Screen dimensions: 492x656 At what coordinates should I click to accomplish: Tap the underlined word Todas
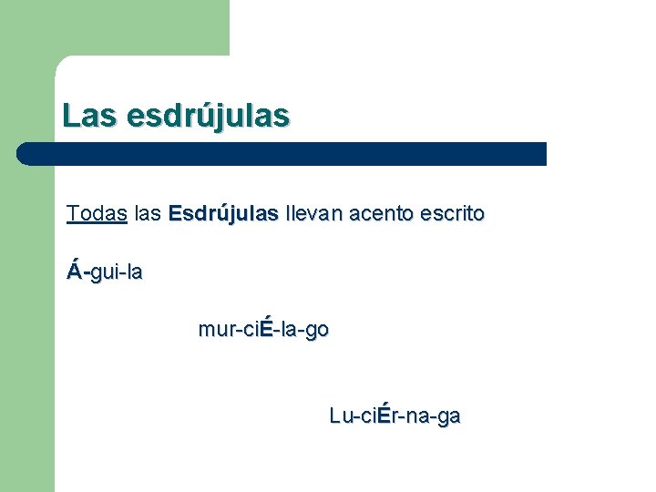97,214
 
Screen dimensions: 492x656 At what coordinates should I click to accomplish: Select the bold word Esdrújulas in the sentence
223,214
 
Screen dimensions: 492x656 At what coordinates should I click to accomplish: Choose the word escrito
452,214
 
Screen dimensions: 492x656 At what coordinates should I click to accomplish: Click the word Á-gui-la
105,272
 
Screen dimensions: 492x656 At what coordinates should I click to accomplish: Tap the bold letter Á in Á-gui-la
75,271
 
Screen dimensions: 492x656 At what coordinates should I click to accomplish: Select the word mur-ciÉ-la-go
263,330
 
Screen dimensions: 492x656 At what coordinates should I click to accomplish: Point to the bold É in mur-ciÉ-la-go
266,329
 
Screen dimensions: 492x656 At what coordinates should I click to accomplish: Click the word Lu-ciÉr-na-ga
395,416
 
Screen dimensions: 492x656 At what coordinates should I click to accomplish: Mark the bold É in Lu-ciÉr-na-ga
384,415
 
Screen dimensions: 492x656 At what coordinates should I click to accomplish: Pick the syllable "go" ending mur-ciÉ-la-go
318,331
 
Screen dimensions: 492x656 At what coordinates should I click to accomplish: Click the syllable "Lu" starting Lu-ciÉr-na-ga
340,416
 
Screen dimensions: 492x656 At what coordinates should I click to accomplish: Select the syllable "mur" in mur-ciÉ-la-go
214,331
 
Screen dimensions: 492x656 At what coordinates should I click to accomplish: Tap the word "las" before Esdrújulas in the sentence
147,214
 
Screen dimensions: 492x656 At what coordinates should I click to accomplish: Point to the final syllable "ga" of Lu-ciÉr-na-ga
449,417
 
